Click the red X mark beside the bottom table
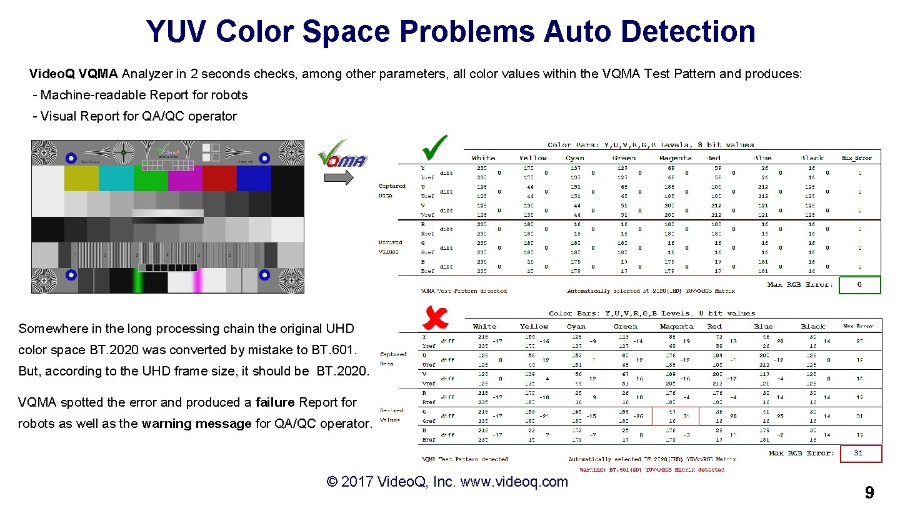[435, 318]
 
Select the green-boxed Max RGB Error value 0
[859, 285]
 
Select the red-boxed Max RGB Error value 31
[859, 454]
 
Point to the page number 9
[869, 494]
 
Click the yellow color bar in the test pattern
[81, 178]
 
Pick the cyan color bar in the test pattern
[116, 178]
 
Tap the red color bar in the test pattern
[219, 178]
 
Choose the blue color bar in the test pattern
[253, 178]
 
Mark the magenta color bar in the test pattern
[185, 178]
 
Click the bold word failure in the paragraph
[276, 402]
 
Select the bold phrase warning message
[196, 424]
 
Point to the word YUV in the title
[176, 31]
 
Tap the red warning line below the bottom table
[652, 470]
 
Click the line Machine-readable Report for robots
[144, 95]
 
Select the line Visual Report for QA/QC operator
[138, 116]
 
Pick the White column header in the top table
[484, 158]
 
